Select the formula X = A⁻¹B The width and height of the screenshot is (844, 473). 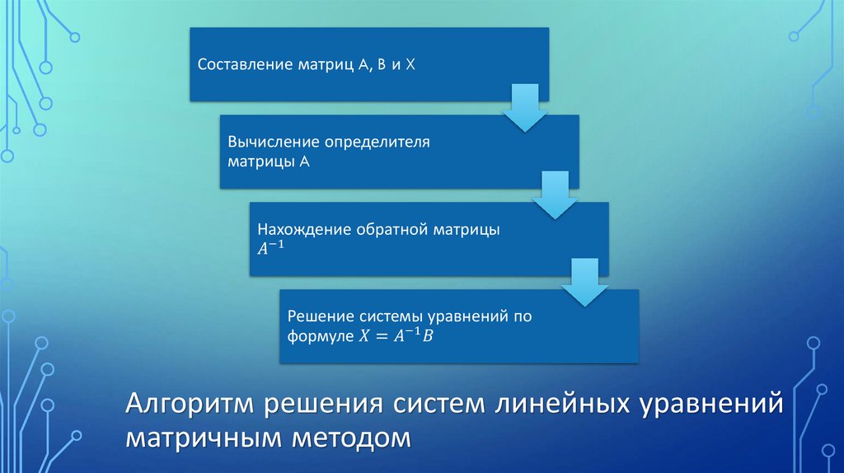(x=393, y=336)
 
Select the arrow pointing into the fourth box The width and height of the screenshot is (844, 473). (x=584, y=282)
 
